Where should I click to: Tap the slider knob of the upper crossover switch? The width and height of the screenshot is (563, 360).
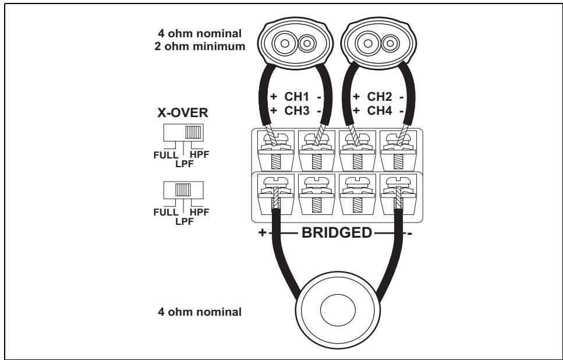(x=193, y=132)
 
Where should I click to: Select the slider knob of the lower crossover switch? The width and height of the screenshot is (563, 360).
(x=183, y=190)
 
